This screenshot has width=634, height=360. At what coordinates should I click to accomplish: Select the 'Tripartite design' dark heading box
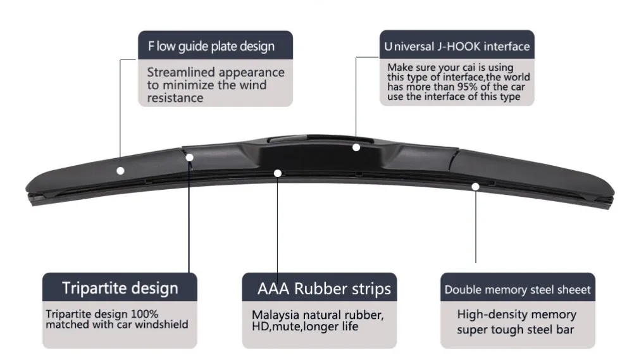tap(120, 289)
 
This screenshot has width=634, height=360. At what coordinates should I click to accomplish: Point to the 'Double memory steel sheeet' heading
tap(518, 290)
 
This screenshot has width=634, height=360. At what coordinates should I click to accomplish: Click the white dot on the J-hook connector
tap(356, 147)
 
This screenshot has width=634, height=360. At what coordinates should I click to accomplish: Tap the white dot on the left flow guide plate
tap(120, 170)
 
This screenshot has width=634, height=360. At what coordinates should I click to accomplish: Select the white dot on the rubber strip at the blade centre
tap(277, 172)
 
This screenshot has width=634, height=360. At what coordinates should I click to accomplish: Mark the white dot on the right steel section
tap(475, 186)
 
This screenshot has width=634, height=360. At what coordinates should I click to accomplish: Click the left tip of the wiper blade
tap(28, 192)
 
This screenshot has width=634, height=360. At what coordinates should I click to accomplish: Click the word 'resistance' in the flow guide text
tap(175, 98)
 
